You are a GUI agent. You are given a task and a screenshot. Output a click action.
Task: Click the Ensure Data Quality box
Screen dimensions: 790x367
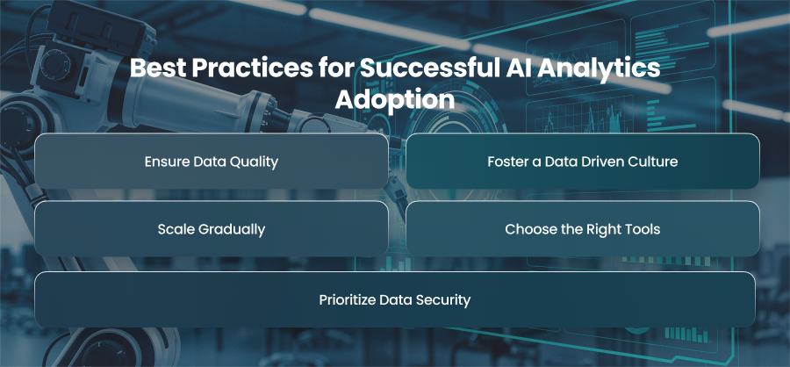[211, 162]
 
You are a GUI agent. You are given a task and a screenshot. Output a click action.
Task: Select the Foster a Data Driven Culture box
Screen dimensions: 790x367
[583, 162]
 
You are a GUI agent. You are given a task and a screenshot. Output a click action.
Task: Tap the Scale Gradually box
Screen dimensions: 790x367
[211, 229]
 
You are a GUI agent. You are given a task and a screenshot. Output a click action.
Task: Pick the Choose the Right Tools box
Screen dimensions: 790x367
[583, 229]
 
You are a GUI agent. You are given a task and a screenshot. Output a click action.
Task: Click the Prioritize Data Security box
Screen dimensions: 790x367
[395, 299]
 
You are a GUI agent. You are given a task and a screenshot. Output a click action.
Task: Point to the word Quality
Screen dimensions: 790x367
[256, 162]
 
